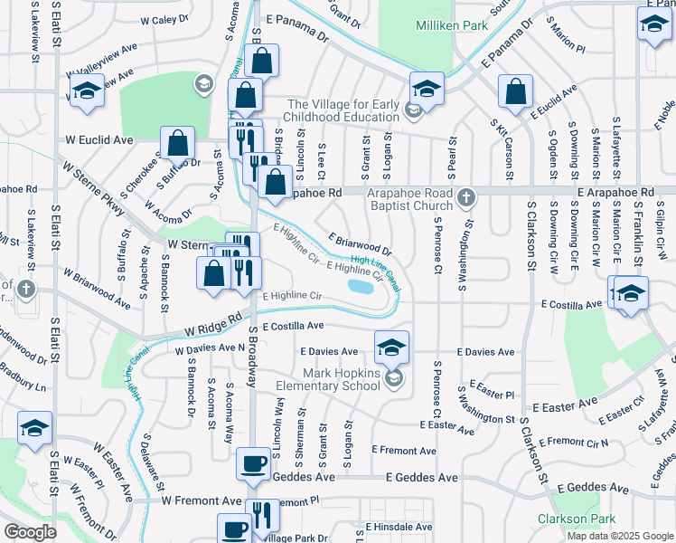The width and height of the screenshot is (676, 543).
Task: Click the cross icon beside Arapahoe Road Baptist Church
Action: point(465,197)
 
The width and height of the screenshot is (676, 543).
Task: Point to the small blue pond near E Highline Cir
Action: point(360,287)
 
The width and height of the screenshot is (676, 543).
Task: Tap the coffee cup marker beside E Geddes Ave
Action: point(252,464)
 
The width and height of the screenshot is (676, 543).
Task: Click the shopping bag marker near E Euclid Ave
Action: point(514,91)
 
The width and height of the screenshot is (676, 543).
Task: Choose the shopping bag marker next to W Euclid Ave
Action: point(178,142)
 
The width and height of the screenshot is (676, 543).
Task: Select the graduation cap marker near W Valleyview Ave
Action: point(87,91)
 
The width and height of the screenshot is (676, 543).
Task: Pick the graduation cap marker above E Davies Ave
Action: point(391,347)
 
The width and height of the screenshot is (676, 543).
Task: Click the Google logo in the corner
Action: point(31,532)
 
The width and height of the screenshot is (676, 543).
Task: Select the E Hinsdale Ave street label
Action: point(399,527)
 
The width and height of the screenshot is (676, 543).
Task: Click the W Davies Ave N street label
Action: point(210,348)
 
